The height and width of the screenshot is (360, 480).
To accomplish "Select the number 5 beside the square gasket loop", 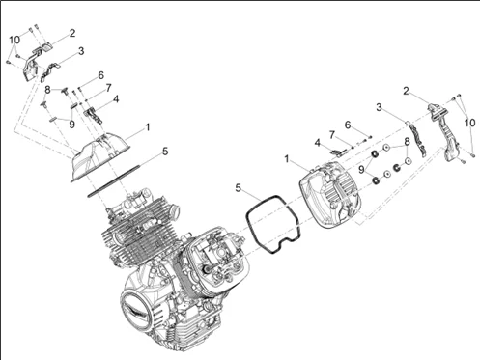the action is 239,188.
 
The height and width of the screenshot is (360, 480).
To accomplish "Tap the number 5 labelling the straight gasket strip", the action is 165,152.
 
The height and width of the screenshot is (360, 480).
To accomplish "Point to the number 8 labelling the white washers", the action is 408,141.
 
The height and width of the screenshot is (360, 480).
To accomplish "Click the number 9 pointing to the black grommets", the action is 361,169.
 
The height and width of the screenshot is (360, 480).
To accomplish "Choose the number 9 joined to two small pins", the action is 71,125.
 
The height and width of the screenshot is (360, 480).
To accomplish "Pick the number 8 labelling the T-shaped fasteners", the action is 47,90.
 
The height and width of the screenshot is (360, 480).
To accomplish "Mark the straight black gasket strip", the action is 114,180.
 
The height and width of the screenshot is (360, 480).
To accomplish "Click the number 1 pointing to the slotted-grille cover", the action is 287,159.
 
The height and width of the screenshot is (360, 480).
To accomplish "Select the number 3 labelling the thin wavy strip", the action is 379,107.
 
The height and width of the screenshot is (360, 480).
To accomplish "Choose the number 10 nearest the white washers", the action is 469,123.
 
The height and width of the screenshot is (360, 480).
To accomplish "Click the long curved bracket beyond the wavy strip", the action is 445,132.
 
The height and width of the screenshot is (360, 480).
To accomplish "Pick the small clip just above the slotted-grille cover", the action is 338,152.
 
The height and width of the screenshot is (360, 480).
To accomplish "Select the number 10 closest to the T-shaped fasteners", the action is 14,40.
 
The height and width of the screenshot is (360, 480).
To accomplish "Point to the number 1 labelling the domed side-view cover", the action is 148,127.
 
